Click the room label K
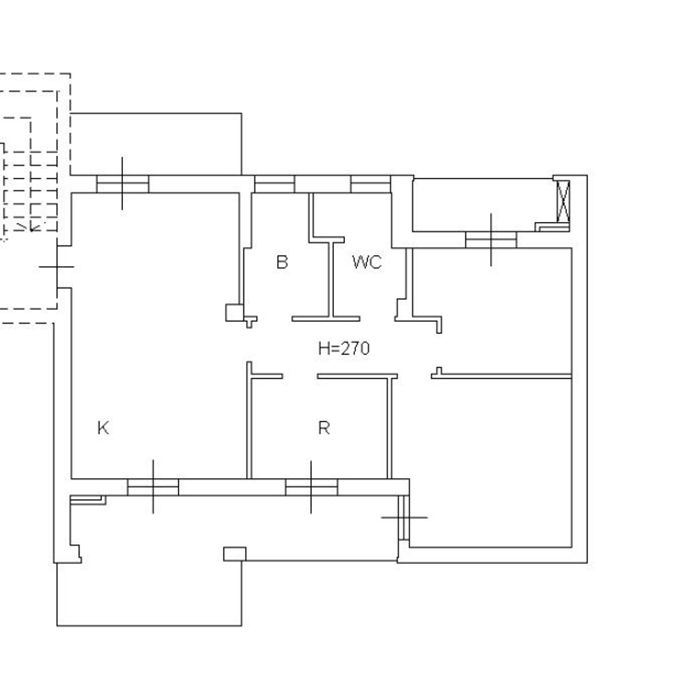point(103,428)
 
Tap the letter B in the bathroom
point(282,262)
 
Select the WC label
point(367,262)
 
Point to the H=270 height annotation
point(344,349)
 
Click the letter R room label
point(324,428)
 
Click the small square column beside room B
point(234,312)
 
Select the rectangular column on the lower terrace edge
point(234,554)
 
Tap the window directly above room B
point(274,184)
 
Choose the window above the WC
point(370,184)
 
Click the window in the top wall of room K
point(123,184)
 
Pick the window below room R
point(311,487)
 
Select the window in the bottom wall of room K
point(153,487)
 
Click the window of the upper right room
point(491,240)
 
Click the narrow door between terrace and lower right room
point(404,517)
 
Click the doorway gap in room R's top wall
point(300,376)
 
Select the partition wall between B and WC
point(330,280)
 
